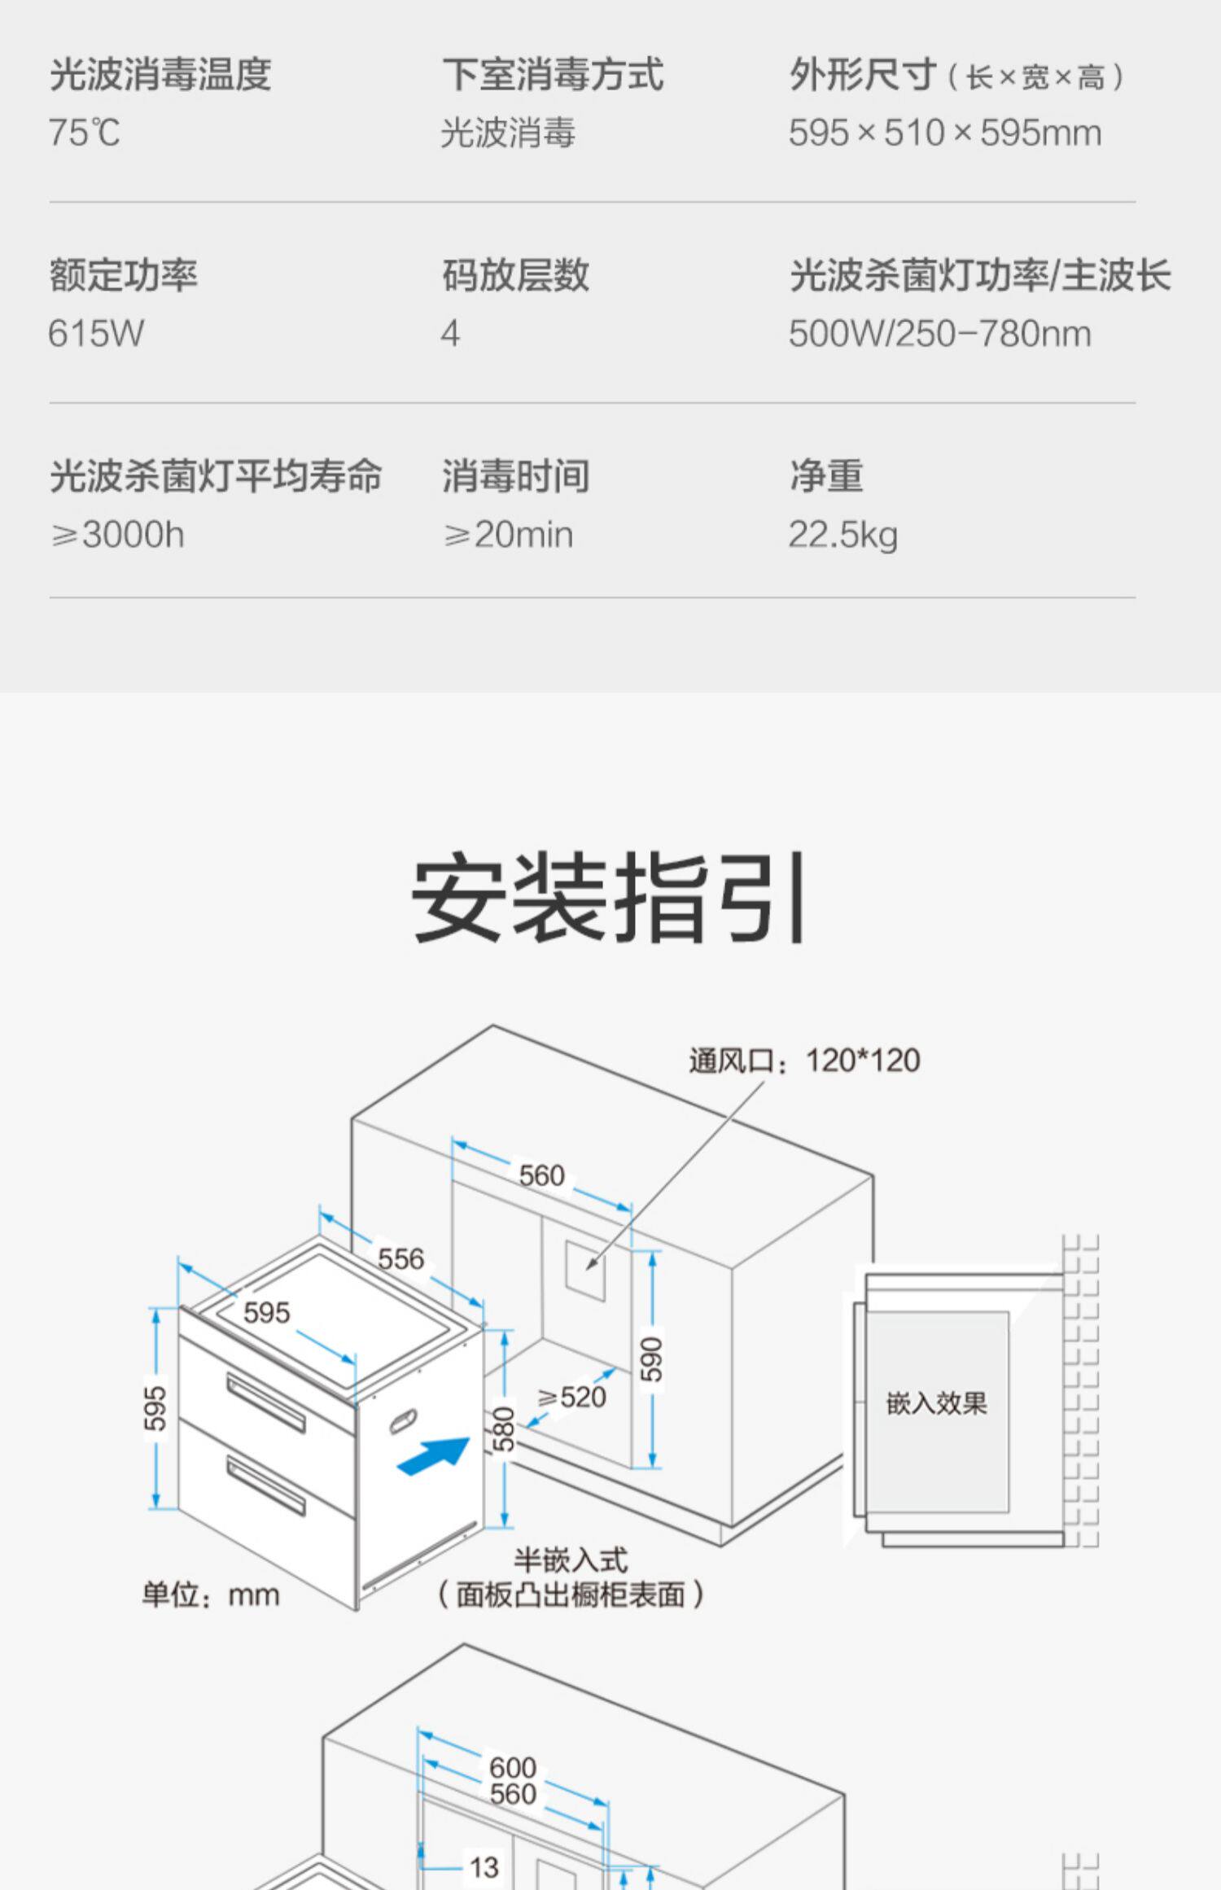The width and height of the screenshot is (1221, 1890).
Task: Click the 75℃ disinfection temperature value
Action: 85,133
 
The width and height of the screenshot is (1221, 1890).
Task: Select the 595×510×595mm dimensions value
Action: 944,133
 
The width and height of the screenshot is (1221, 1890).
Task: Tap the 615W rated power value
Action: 96,334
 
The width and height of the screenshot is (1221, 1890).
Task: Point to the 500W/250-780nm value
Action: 939,334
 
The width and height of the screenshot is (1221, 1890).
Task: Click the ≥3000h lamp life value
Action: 118,535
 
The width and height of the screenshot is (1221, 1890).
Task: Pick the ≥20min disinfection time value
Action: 509,535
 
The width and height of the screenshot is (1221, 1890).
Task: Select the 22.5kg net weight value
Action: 842,535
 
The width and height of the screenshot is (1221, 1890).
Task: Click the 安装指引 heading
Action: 610,897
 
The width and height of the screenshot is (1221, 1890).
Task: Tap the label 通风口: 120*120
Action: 804,1061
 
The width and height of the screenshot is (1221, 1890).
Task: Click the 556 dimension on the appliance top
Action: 400,1259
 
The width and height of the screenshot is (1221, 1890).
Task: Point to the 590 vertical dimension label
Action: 651,1358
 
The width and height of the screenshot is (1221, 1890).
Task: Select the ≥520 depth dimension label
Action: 572,1397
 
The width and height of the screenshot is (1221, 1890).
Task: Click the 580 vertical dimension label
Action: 504,1428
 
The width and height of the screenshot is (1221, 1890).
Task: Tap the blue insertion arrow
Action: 434,1455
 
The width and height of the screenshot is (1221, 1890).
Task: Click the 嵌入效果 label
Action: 936,1403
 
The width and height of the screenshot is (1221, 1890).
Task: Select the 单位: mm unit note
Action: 211,1594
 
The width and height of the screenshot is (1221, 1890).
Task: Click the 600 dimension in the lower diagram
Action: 513,1768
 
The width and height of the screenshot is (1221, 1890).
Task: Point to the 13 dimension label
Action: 484,1866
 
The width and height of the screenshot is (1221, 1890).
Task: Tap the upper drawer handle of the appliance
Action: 265,1400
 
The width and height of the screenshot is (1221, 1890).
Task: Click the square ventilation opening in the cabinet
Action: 585,1270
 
